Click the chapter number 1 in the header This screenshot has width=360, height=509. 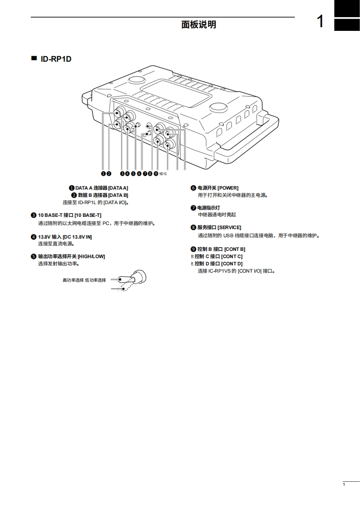(x=321, y=21)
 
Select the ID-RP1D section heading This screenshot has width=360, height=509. (x=56, y=59)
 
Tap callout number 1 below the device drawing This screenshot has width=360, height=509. (x=103, y=173)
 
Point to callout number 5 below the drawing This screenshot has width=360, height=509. (x=133, y=173)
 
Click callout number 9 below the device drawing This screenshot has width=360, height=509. (x=156, y=173)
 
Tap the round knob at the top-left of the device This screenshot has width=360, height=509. (x=136, y=80)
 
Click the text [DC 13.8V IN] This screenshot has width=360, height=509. (x=77, y=237)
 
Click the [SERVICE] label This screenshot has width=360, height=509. (x=229, y=227)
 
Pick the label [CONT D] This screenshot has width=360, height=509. (x=232, y=264)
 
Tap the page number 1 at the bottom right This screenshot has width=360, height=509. (x=344, y=485)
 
